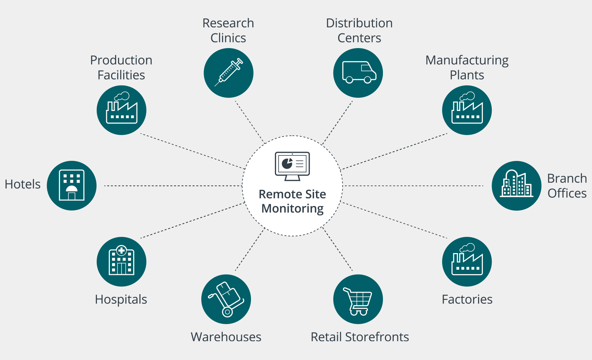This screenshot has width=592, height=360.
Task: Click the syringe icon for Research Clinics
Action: pyautogui.click(x=229, y=73)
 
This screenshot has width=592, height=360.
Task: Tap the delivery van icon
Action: pyautogui.click(x=358, y=73)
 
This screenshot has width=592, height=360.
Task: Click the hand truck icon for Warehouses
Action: pyautogui.click(x=226, y=299)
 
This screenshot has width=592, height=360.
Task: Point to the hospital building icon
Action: pyautogui.click(x=121, y=262)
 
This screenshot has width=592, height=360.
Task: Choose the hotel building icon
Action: pyautogui.click(x=72, y=185)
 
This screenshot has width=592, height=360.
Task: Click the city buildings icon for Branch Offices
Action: pyautogui.click(x=516, y=185)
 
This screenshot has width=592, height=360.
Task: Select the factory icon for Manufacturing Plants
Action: pyautogui.click(x=467, y=110)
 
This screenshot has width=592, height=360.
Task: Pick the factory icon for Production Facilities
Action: pyautogui.click(x=121, y=110)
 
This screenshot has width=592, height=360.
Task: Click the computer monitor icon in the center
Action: pyautogui.click(x=292, y=166)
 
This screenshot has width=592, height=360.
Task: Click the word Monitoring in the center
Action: pyautogui.click(x=292, y=209)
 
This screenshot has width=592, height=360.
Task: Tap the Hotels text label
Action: pyautogui.click(x=23, y=184)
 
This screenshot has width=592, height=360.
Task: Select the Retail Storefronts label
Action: pyautogui.click(x=360, y=337)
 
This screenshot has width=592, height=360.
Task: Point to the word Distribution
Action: pyautogui.click(x=359, y=23)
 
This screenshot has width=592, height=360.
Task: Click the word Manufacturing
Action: pyautogui.click(x=467, y=60)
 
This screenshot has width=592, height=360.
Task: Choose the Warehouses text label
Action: pyautogui.click(x=226, y=337)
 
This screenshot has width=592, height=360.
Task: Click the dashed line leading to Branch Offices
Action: pyautogui.click(x=413, y=186)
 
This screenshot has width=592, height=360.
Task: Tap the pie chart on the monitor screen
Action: pyautogui.click(x=287, y=163)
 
